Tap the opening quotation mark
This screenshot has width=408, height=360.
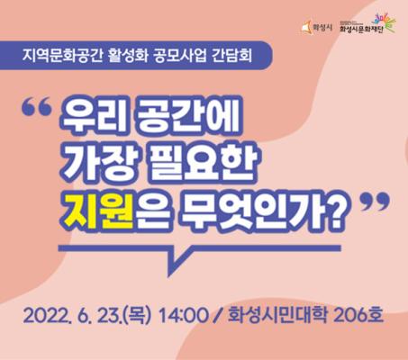coord(37,107)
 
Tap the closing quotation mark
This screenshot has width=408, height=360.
coord(375,202)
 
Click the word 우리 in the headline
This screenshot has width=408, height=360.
coord(91,115)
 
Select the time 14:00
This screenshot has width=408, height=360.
coord(182,315)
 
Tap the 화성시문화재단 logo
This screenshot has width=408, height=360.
coord(367,23)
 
